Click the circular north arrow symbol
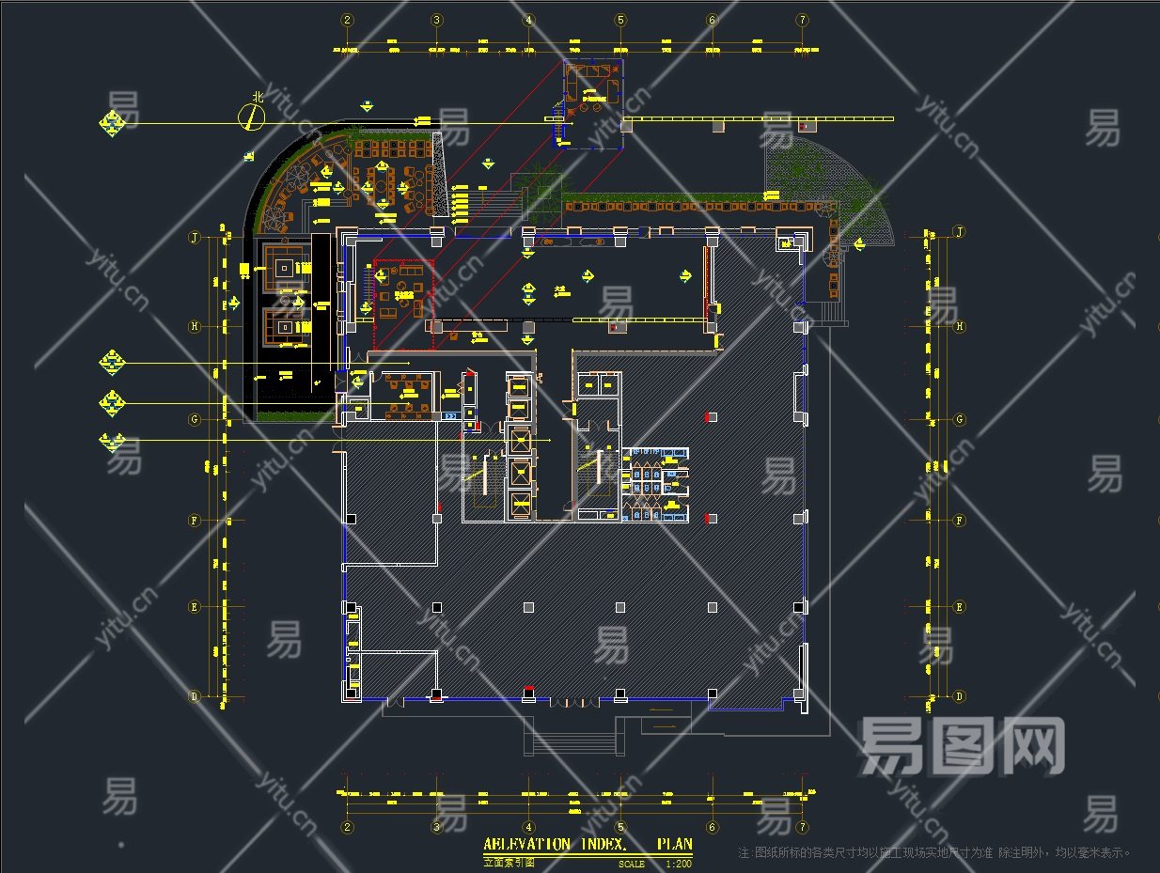(x=251, y=117)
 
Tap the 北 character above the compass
(x=257, y=96)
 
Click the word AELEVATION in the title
(x=526, y=845)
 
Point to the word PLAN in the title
(x=674, y=845)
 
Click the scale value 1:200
(x=678, y=864)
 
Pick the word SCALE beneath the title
(x=632, y=864)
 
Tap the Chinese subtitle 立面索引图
(x=509, y=862)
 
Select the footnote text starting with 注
(x=935, y=853)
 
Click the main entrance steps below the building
(x=575, y=736)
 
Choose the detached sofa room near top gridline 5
(x=593, y=103)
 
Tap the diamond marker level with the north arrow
(x=114, y=123)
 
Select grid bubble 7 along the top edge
(x=802, y=20)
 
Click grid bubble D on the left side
(x=195, y=696)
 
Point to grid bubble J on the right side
(x=960, y=231)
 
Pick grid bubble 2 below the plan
(x=348, y=827)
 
